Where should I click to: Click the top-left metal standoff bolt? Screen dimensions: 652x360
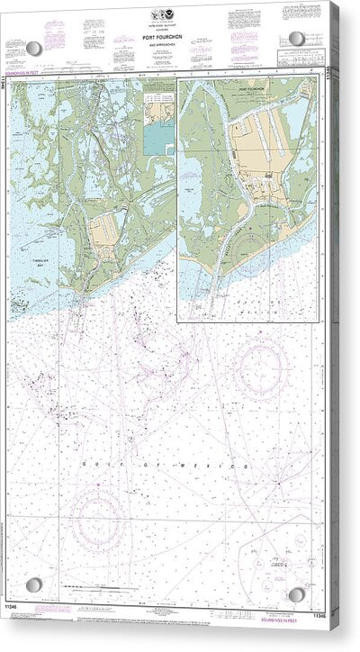[x=33, y=48]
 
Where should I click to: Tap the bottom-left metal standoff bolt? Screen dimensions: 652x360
[x=33, y=584]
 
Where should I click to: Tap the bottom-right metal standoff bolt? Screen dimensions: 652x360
[x=296, y=594]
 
